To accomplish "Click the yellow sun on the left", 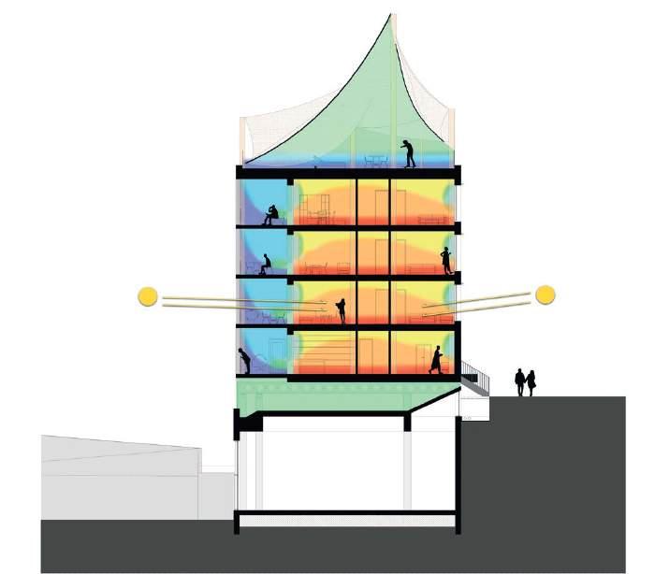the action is coord(147,296).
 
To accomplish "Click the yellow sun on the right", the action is coord(546,294).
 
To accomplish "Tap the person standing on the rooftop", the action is coord(409,152).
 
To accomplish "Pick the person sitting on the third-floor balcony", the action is coord(265,265).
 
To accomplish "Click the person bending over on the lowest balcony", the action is coord(245,360).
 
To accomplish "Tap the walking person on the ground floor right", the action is coord(436,359).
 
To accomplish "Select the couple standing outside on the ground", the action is coord(525,382).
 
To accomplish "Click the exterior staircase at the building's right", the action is coord(475,379).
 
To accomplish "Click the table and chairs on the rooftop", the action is coord(374,161).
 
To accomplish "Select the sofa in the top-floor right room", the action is coord(430,220).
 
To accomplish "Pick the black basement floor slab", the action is coord(346,515).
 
